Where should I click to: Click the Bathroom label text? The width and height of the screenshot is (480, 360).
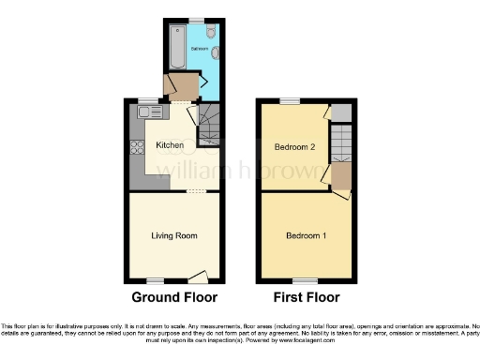[199, 47]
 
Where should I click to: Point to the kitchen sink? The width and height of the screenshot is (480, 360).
[145, 112]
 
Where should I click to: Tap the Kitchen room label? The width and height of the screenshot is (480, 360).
[170, 145]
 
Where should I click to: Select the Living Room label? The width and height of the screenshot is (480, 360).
[173, 235]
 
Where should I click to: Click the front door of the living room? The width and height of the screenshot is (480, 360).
[197, 276]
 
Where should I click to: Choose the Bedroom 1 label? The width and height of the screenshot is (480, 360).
[306, 234]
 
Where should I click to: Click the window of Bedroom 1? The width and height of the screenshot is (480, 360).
[305, 280]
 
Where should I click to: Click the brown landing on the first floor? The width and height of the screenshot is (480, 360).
[341, 177]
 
